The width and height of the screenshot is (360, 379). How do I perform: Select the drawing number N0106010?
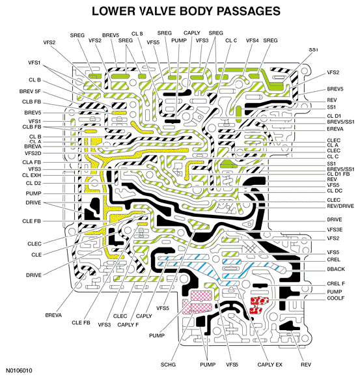(x=19, y=371)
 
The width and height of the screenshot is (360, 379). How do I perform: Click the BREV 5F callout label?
(x=30, y=92)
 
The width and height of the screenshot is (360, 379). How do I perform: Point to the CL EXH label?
(x=32, y=175)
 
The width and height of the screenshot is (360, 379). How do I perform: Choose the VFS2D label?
(x=33, y=153)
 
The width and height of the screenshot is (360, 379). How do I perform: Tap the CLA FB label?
(x=32, y=162)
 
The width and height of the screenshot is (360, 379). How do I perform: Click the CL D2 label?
(x=34, y=183)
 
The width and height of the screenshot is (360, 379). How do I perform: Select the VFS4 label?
(x=252, y=40)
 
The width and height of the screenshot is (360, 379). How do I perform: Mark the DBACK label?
(x=336, y=269)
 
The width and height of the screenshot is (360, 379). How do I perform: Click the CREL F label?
(x=336, y=283)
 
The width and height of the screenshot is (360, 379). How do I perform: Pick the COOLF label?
(x=336, y=298)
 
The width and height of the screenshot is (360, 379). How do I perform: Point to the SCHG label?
(x=168, y=365)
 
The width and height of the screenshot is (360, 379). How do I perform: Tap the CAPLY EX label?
(x=270, y=365)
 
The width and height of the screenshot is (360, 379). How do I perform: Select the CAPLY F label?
(x=128, y=324)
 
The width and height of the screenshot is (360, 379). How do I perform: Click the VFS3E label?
(x=335, y=230)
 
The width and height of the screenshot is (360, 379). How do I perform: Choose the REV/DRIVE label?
(x=340, y=206)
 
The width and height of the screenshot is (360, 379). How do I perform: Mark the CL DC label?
(x=335, y=191)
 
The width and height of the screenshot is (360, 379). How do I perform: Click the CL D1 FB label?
(x=339, y=174)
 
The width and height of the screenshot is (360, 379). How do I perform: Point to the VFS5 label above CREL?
(x=333, y=253)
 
